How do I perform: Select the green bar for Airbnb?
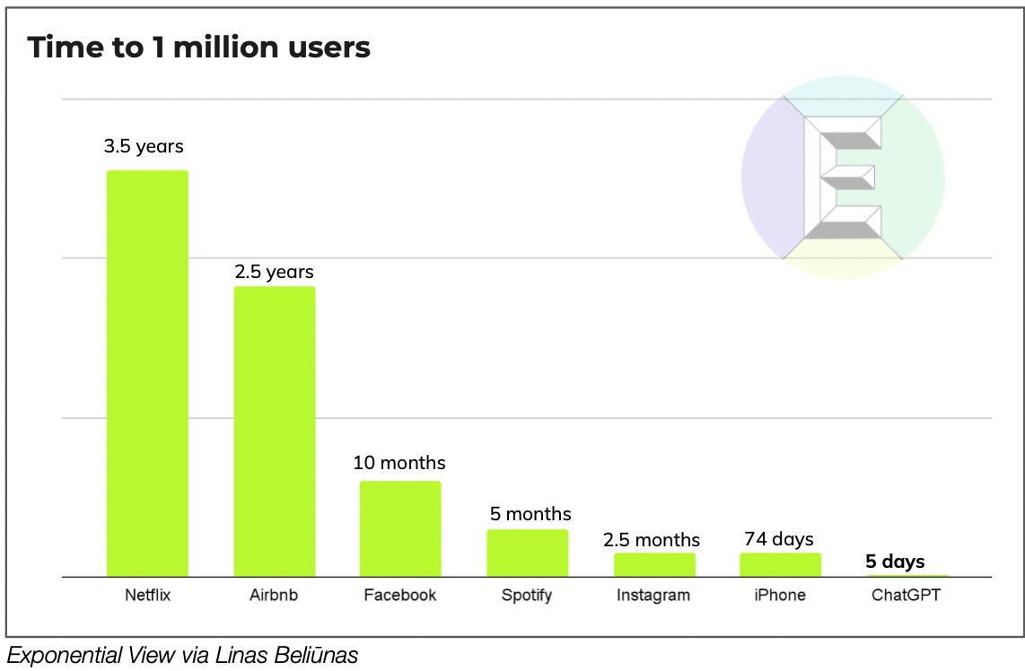pos(275,431)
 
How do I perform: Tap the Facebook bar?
pos(400,528)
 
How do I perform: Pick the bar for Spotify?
pos(528,553)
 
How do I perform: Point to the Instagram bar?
pos(654,564)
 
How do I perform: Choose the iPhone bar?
pos(780,564)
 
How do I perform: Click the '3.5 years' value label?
pos(144,146)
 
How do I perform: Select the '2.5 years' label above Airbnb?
pos(275,271)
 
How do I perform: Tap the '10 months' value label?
pos(399,463)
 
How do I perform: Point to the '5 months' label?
pos(530,514)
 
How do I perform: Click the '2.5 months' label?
pos(652,540)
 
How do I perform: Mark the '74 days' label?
pos(779,539)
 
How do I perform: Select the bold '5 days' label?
pos(895,562)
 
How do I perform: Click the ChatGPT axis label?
pos(907,595)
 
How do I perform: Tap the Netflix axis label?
pos(147,595)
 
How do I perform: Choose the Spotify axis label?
pos(528,595)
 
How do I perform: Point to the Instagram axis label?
pos(653,595)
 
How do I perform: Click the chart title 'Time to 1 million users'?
pos(198,48)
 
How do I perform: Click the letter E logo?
pos(843,177)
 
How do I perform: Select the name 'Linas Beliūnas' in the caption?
pos(286,656)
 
